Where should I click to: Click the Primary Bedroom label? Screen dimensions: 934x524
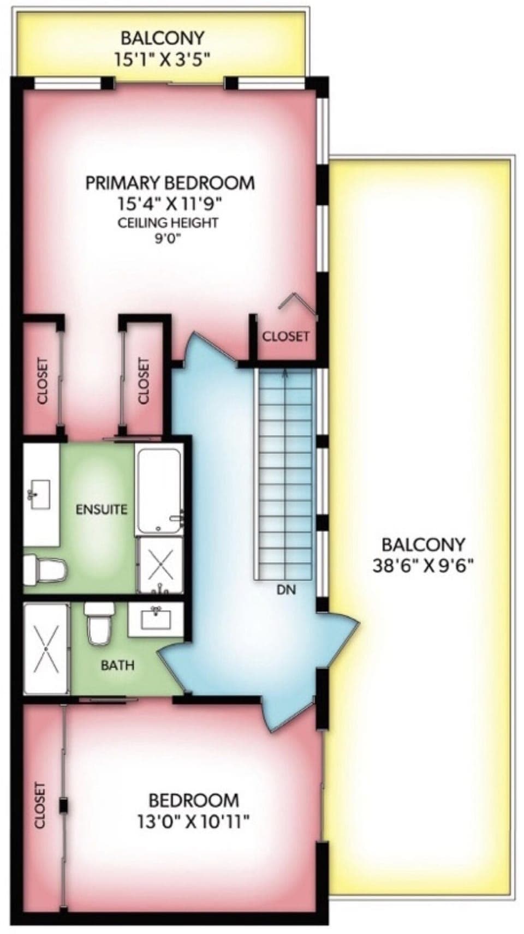point(170,183)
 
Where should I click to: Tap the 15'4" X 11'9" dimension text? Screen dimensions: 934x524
point(170,203)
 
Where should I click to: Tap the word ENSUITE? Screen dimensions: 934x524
point(102,510)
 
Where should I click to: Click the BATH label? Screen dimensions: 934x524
point(117,665)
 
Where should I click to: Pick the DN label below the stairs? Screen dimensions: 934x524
point(286,590)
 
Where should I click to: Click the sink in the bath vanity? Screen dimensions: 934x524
point(156,619)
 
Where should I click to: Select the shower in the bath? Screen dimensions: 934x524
point(46,648)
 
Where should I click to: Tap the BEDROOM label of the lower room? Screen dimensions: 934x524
point(194,800)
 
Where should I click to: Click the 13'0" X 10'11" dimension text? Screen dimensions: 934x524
point(194,821)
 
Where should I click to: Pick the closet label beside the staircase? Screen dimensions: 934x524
point(285,336)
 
